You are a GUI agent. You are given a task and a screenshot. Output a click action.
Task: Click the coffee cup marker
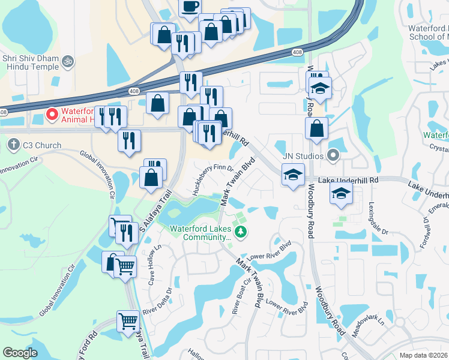190,7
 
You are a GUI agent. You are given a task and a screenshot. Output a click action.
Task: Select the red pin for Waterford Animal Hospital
52,113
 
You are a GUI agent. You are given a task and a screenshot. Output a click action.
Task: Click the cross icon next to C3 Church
14,145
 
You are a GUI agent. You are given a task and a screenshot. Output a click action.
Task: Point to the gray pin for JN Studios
334,156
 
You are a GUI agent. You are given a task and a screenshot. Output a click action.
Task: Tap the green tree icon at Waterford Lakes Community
241,232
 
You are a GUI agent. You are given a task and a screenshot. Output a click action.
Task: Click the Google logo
20,353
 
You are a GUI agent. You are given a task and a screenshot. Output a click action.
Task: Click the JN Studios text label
304,156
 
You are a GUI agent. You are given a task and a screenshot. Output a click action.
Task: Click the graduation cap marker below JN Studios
292,175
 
